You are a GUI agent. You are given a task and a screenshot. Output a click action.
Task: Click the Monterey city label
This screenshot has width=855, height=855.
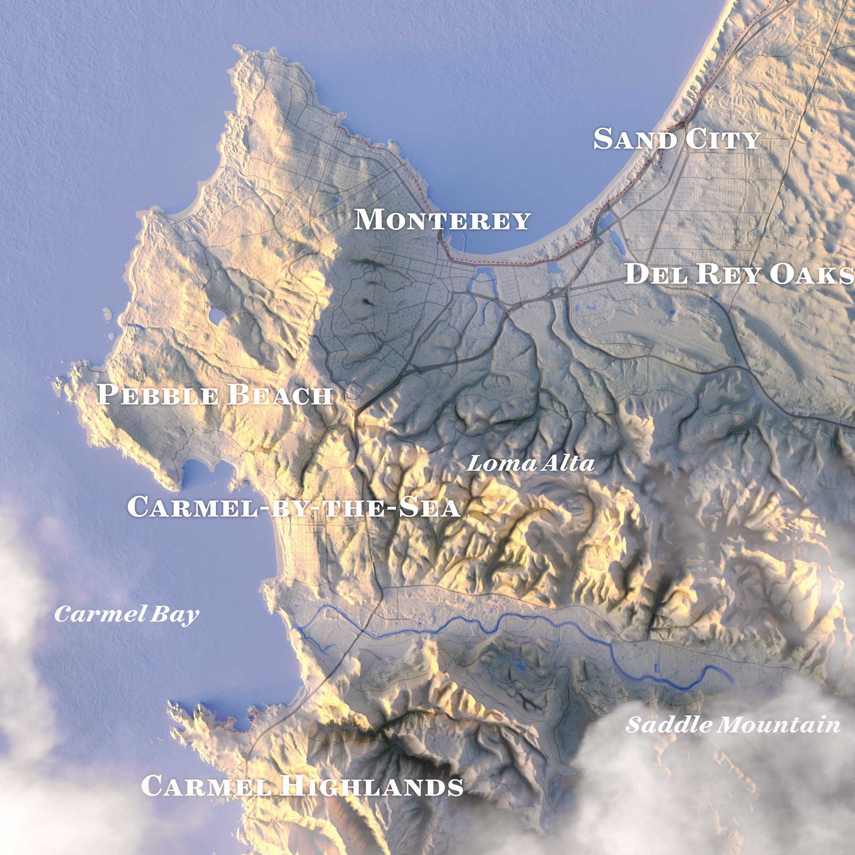pyautogui.click(x=442, y=220)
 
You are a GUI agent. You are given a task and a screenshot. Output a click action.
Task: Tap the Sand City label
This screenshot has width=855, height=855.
pyautogui.click(x=676, y=140)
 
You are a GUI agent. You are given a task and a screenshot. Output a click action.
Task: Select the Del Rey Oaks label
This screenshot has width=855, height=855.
pyautogui.click(x=739, y=275)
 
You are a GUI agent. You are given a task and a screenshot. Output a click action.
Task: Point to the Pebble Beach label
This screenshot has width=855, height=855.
pyautogui.click(x=214, y=395)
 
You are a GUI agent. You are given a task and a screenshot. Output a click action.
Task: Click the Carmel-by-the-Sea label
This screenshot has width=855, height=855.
pyautogui.click(x=293, y=507)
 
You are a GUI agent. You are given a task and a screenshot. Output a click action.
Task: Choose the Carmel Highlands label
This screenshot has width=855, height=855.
pyautogui.click(x=302, y=786)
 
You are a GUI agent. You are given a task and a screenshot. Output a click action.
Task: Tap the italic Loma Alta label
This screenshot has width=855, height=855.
pyautogui.click(x=530, y=463)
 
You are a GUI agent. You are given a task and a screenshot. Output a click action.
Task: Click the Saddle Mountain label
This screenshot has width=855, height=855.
pyautogui.click(x=733, y=725)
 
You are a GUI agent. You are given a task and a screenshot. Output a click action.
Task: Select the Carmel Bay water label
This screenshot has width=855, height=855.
pyautogui.click(x=127, y=614)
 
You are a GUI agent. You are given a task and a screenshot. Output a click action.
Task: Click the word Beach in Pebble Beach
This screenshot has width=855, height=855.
pyautogui.click(x=279, y=395)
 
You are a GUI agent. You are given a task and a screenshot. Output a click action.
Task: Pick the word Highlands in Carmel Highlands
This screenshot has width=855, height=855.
pyautogui.click(x=372, y=786)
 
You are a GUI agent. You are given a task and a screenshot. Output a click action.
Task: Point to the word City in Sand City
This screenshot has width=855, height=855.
pyautogui.click(x=723, y=140)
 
